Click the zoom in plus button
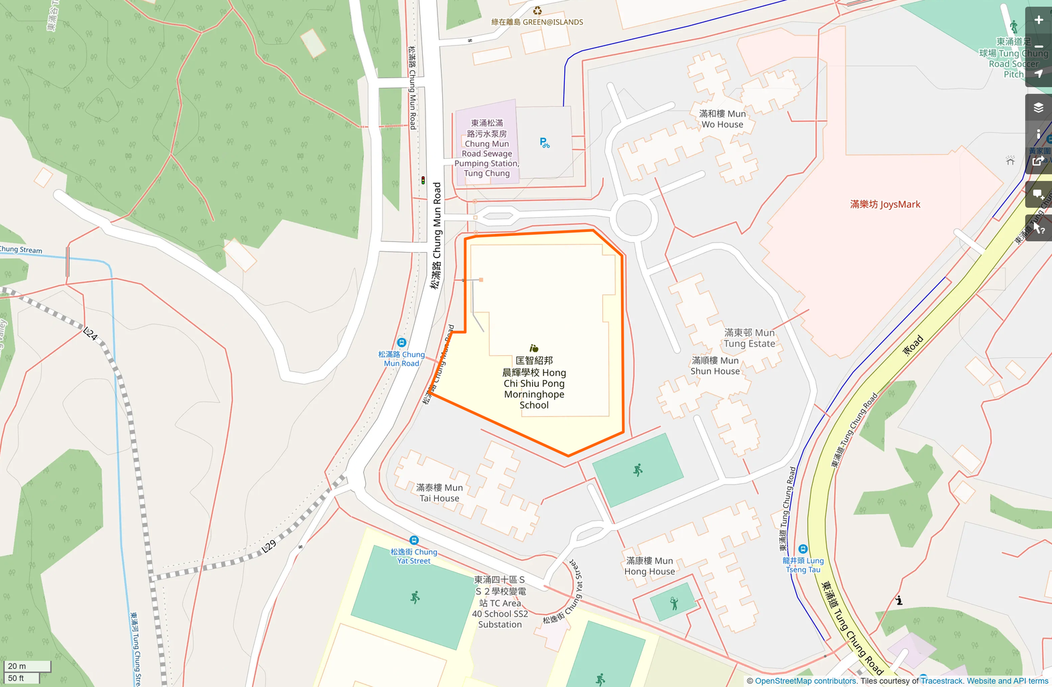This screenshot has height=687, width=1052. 1038,20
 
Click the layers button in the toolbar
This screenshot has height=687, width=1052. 1038,107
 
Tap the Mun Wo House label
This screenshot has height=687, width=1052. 722,119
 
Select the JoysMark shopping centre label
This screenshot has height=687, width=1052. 884,204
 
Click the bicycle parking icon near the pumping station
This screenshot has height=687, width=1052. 545,143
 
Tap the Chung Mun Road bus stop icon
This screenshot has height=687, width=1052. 401,342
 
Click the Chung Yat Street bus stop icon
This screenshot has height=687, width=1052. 414,540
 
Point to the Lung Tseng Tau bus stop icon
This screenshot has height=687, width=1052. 803,549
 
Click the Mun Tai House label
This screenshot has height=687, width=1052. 439,493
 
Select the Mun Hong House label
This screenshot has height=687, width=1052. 649,566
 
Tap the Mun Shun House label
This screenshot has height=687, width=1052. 715,366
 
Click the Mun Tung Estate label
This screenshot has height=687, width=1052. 749,338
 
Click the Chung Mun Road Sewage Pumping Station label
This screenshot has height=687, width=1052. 486,148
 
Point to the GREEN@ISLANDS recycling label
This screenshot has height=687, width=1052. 537,21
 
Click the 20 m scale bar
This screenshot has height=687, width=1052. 27,666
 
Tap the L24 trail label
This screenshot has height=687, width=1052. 90,333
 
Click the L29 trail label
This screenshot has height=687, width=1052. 269,546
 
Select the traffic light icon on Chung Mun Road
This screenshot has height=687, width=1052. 423,180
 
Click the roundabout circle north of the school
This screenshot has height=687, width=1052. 633,218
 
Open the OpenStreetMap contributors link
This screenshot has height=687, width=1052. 805,681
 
